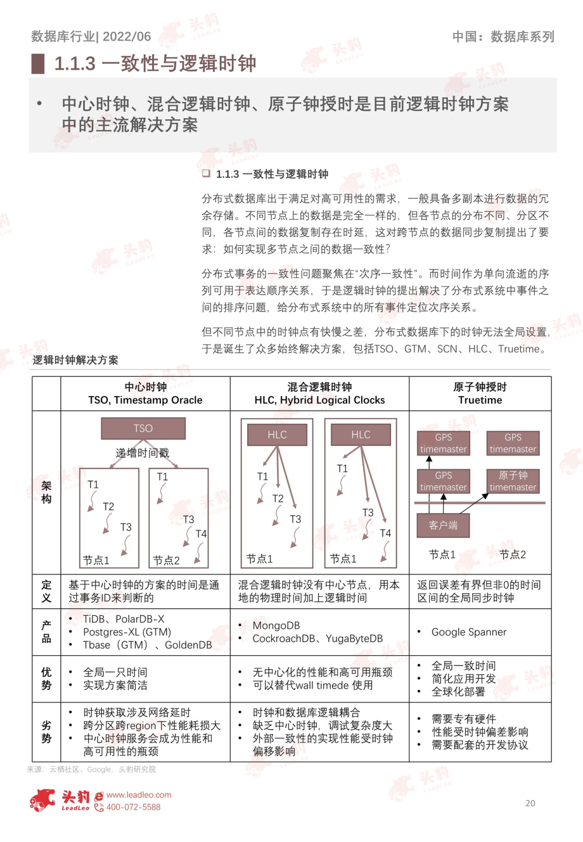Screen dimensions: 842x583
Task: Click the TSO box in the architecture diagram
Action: tap(143, 429)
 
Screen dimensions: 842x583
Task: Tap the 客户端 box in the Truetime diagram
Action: tap(443, 525)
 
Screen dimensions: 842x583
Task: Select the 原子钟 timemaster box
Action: tap(513, 481)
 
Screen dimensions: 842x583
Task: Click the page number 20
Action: tap(530, 803)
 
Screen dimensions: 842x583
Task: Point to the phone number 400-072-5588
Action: tap(133, 807)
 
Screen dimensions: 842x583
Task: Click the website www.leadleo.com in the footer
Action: tap(139, 795)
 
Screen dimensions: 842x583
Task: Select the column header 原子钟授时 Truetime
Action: tap(480, 393)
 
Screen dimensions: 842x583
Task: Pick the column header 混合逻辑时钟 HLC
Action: tap(320, 393)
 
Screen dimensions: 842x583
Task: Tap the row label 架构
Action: tap(46, 492)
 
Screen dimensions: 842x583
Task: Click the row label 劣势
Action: tap(46, 732)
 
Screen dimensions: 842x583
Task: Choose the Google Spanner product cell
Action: tap(469, 632)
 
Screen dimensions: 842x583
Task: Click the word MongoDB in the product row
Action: tap(276, 626)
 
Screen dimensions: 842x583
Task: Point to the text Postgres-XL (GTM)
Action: tap(127, 632)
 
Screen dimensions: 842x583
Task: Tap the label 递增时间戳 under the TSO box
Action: tap(143, 453)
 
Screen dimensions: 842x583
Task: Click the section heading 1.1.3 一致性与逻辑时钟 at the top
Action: tap(155, 64)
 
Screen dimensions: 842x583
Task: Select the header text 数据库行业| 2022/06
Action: tap(91, 37)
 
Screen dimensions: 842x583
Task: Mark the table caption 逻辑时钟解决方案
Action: tap(75, 360)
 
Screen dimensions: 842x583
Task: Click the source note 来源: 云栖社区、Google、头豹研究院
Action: tap(91, 769)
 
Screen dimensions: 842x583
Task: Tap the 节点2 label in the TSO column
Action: tap(166, 560)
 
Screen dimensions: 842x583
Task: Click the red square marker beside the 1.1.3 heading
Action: tap(38, 64)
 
